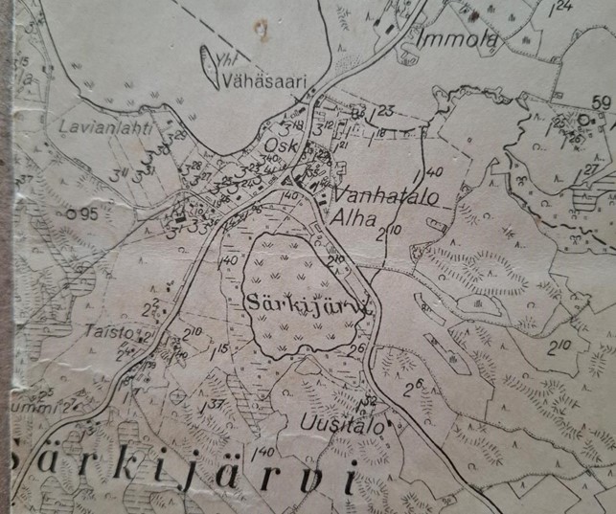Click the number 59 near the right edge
pyautogui.click(x=602, y=103)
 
